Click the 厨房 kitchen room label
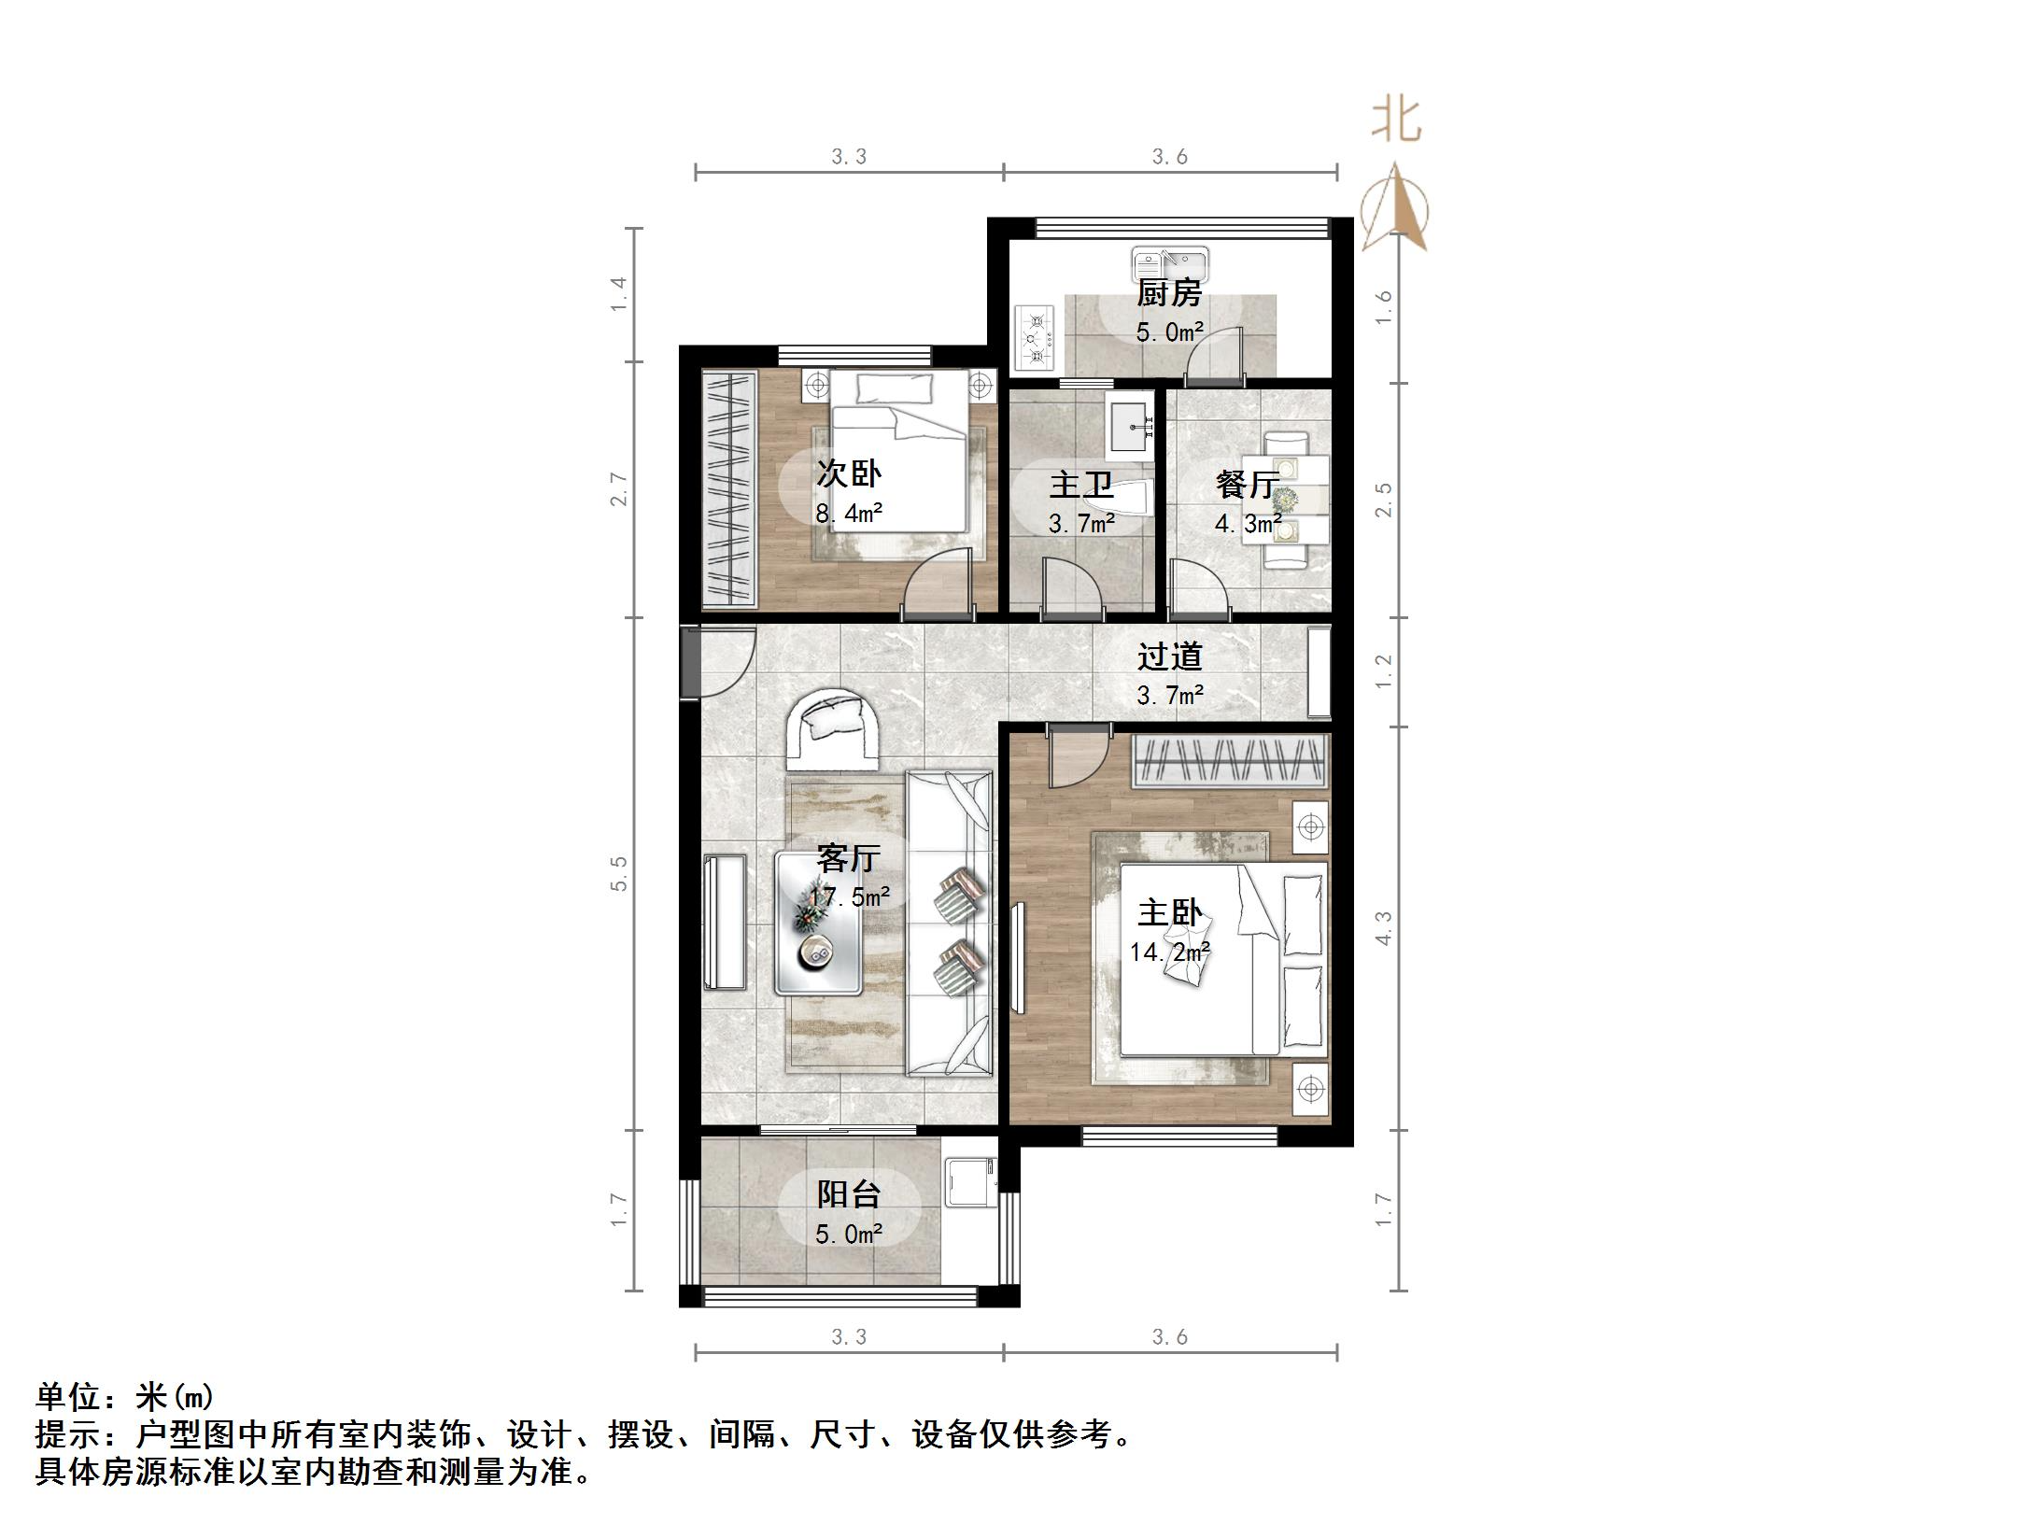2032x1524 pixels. (x=1168, y=293)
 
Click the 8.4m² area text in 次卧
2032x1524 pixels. (x=849, y=514)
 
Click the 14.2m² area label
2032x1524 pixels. (x=1169, y=952)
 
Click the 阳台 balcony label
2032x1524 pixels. (x=849, y=1194)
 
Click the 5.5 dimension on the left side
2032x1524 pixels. (x=619, y=873)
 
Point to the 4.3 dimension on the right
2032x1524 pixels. (x=1384, y=927)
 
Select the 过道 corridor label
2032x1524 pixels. (x=1169, y=656)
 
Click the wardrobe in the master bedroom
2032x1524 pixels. (x=1231, y=762)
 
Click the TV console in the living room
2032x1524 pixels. (x=726, y=922)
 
